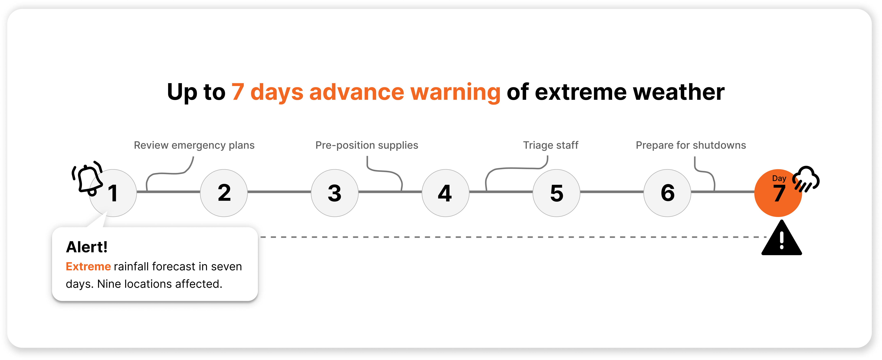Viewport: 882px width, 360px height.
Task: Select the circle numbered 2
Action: coord(224,193)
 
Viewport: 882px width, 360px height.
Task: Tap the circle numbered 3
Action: coord(335,193)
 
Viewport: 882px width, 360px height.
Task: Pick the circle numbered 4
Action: coord(445,193)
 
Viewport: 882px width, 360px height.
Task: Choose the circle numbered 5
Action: coord(556,193)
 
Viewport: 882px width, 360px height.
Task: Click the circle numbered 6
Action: coord(667,193)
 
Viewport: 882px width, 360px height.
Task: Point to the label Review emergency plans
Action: coord(194,145)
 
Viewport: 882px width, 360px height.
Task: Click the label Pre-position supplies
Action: coord(367,145)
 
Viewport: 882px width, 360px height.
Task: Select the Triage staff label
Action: coord(550,145)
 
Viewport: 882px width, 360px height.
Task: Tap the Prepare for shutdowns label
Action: coord(691,145)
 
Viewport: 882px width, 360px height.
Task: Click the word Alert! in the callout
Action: coord(87,247)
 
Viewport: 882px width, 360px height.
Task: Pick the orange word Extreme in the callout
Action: coord(88,266)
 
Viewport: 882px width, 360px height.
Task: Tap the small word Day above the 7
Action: coord(779,178)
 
